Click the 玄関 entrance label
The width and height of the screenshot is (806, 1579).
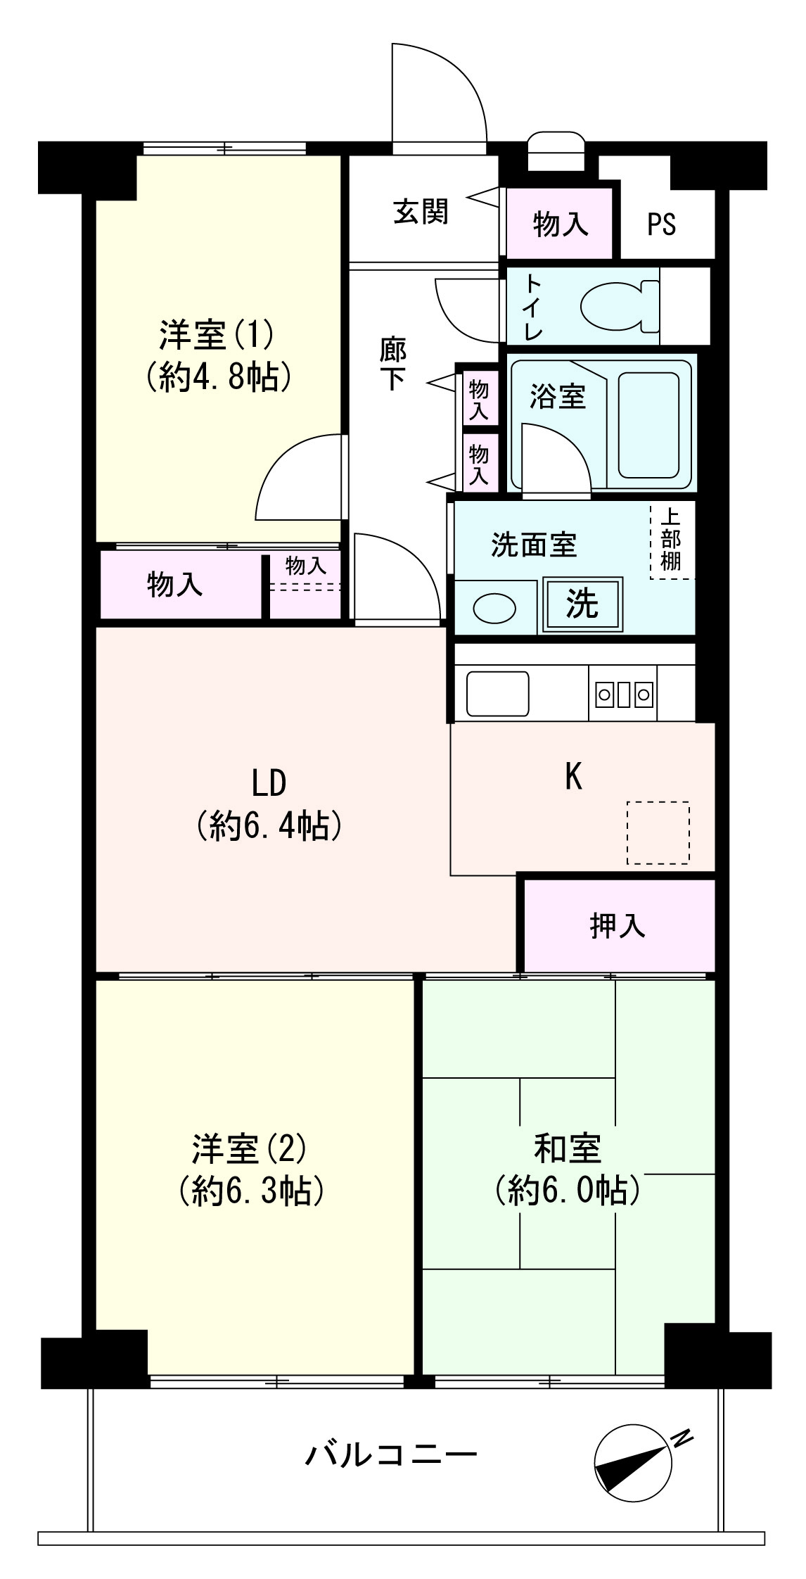pyautogui.click(x=421, y=210)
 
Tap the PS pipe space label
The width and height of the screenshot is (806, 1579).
pyautogui.click(x=661, y=224)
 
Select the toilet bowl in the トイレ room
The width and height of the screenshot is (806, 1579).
pyautogui.click(x=620, y=306)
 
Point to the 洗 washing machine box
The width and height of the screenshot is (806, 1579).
pyautogui.click(x=582, y=603)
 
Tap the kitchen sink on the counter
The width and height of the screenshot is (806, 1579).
pyautogui.click(x=497, y=694)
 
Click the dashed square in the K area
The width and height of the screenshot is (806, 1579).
pyautogui.click(x=658, y=832)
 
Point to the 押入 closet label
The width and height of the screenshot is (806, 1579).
pyautogui.click(x=617, y=925)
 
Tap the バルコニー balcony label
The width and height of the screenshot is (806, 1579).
pyautogui.click(x=391, y=1453)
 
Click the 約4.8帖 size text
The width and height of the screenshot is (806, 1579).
pyautogui.click(x=219, y=379)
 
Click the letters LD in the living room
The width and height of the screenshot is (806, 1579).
pyautogui.click(x=269, y=783)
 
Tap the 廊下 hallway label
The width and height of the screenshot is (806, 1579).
pyautogui.click(x=392, y=364)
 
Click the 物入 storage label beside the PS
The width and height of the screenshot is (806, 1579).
pyautogui.click(x=560, y=224)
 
